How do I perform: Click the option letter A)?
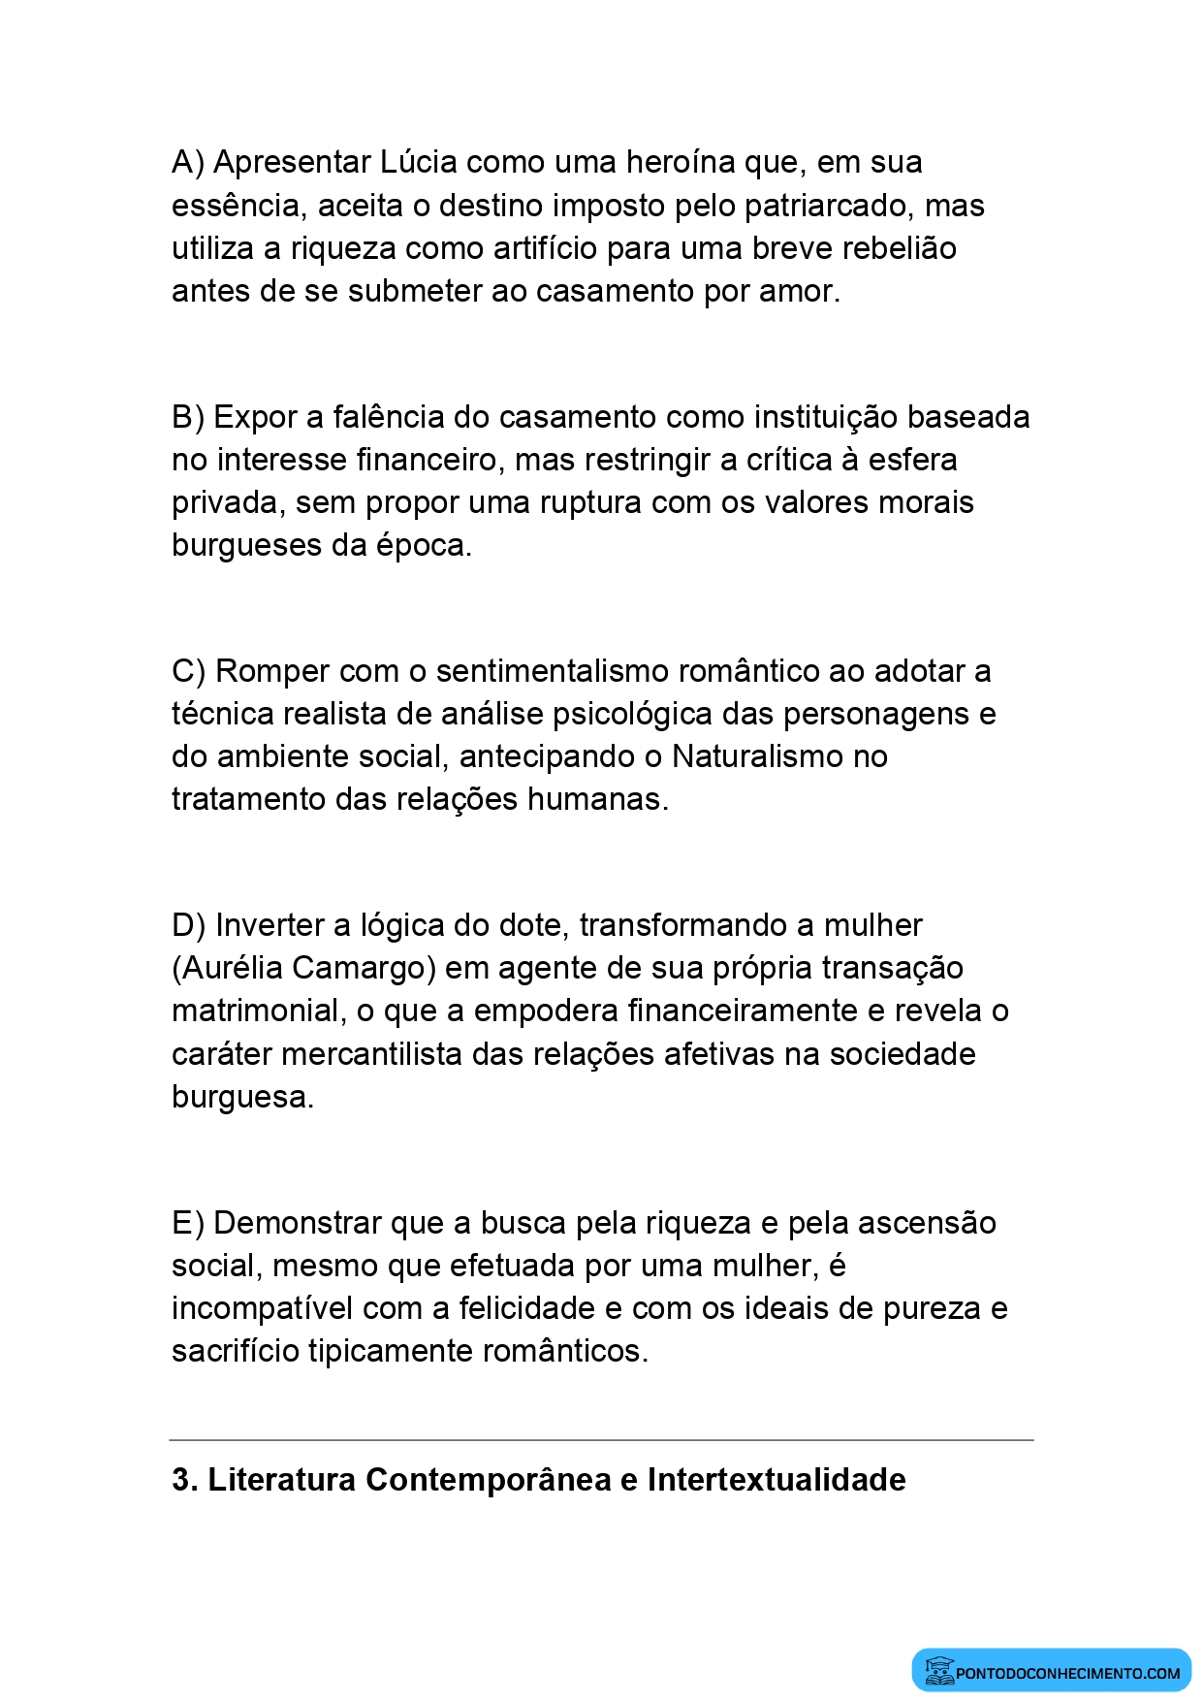[188, 162]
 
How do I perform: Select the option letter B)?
[188, 417]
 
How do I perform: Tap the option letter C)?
[189, 671]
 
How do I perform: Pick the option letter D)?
[189, 925]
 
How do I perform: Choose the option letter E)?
[188, 1223]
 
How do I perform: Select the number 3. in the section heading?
[184, 1480]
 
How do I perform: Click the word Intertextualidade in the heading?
[776, 1480]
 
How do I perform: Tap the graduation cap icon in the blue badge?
[938, 1670]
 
